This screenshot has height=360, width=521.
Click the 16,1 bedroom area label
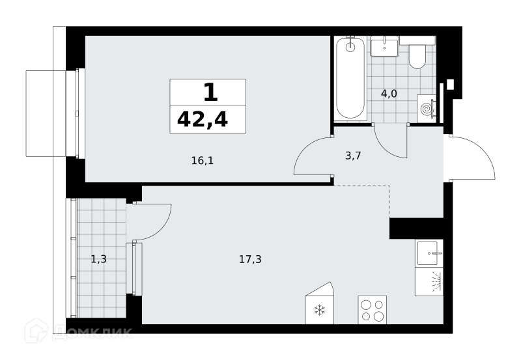pyautogui.click(x=203, y=161)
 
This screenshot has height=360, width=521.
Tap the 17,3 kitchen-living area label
pyautogui.click(x=250, y=259)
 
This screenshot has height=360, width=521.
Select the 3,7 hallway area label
pyautogui.click(x=353, y=156)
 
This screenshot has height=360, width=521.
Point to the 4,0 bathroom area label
pyautogui.click(x=389, y=94)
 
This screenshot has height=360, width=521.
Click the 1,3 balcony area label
pyautogui.click(x=99, y=258)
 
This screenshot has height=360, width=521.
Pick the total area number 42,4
pyautogui.click(x=203, y=120)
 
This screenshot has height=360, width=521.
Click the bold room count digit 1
pyautogui.click(x=210, y=92)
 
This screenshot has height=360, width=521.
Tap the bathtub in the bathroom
pyautogui.click(x=350, y=78)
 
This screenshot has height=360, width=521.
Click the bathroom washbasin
pyautogui.click(x=384, y=46)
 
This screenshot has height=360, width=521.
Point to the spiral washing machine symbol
pyautogui.click(x=427, y=108)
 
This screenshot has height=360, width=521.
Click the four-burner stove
pyautogui.click(x=372, y=309)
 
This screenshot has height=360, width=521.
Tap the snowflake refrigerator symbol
pyautogui.click(x=320, y=310)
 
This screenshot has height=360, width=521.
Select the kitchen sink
pyautogui.click(x=429, y=253)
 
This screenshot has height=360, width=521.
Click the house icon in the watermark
pyautogui.click(x=36, y=331)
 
